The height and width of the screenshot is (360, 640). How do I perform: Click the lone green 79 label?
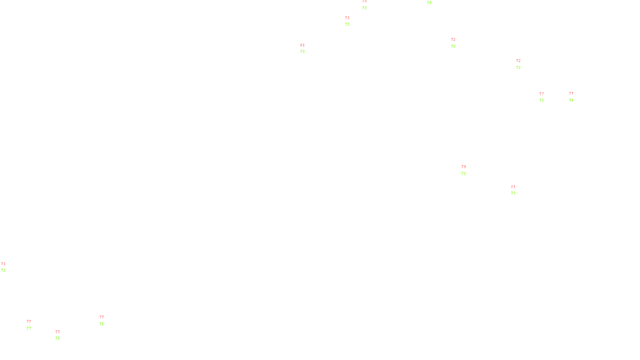point(429,3)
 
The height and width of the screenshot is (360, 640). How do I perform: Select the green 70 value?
point(453,46)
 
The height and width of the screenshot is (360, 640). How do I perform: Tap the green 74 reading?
point(571,100)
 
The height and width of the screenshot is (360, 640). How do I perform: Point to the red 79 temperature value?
point(464,167)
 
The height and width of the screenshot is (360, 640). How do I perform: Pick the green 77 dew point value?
point(29,328)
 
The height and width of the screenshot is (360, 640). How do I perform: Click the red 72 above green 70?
point(453,40)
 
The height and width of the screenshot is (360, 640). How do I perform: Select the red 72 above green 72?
point(518,61)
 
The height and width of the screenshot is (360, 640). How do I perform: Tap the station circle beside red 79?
point(467,170)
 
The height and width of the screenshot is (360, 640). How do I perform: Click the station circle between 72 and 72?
point(522,64)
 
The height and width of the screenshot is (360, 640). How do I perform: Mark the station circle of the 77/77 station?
point(33,325)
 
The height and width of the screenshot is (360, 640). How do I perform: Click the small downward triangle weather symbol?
point(364,5)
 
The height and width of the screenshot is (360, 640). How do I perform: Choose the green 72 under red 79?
point(464,174)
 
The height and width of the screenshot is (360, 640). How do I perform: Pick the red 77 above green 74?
point(571,94)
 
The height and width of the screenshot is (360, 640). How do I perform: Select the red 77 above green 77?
point(29,322)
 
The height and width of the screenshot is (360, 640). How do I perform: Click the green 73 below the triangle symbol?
point(364,8)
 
